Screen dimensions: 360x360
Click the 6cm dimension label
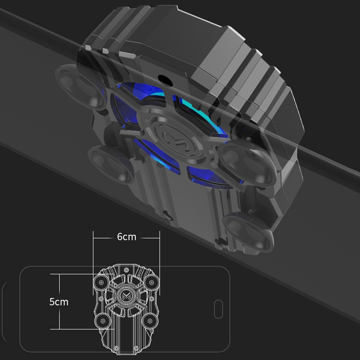point(127,237)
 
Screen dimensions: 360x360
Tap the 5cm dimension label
point(59,302)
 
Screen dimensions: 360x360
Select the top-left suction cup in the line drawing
point(101,282)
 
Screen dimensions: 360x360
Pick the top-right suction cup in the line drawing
point(152,282)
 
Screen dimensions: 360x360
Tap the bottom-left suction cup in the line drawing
point(102,321)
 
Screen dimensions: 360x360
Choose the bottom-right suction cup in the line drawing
point(150,321)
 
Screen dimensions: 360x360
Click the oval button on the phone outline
point(218,309)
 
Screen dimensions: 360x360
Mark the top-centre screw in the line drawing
point(126,269)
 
